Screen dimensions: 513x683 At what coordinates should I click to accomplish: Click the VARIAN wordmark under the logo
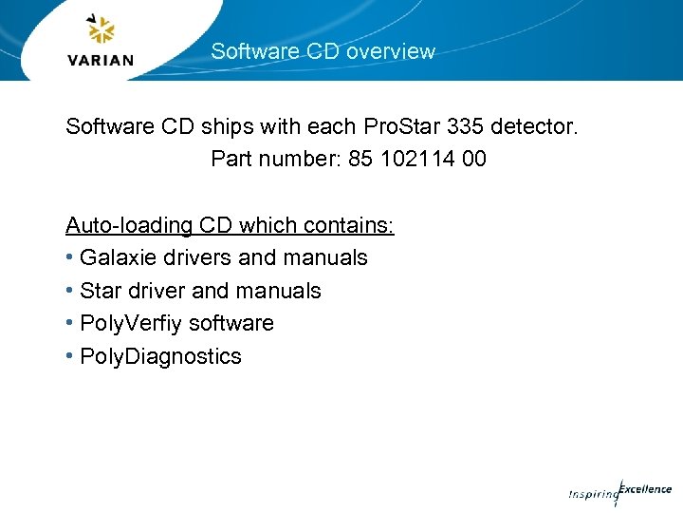click(102, 60)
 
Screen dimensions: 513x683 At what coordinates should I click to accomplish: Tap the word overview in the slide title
click(390, 51)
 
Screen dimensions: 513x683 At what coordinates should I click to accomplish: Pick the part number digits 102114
click(418, 159)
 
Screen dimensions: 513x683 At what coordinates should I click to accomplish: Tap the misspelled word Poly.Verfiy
click(132, 323)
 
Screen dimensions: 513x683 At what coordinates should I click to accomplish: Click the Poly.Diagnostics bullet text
click(160, 356)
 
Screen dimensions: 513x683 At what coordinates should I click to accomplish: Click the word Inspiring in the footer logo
click(591, 494)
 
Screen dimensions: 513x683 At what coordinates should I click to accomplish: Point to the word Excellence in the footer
click(646, 489)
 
